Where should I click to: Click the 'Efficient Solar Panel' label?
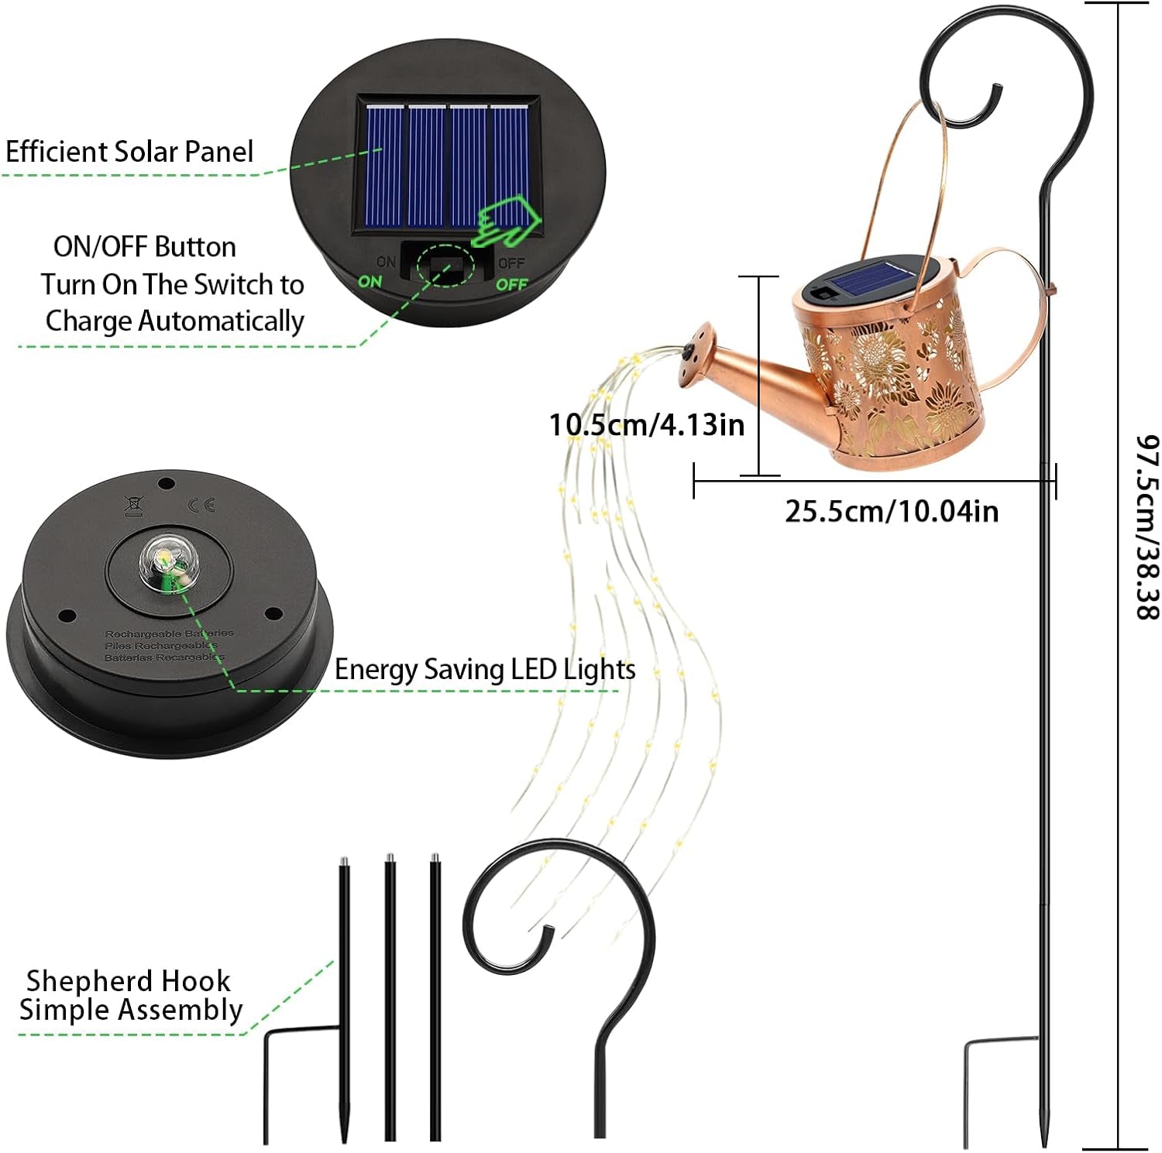129,152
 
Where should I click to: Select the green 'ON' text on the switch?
370,282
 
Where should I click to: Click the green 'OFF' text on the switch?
511,284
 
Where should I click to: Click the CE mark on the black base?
201,506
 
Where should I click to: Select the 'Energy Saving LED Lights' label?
485,670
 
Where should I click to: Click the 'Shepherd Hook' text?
129,981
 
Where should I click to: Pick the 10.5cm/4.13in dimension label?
646,425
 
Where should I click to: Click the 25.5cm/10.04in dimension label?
892,512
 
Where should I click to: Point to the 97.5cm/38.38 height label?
1147,527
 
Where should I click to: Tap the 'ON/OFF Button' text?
145,247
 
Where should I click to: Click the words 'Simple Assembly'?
131,1010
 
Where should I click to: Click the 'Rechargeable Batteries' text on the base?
169,633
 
